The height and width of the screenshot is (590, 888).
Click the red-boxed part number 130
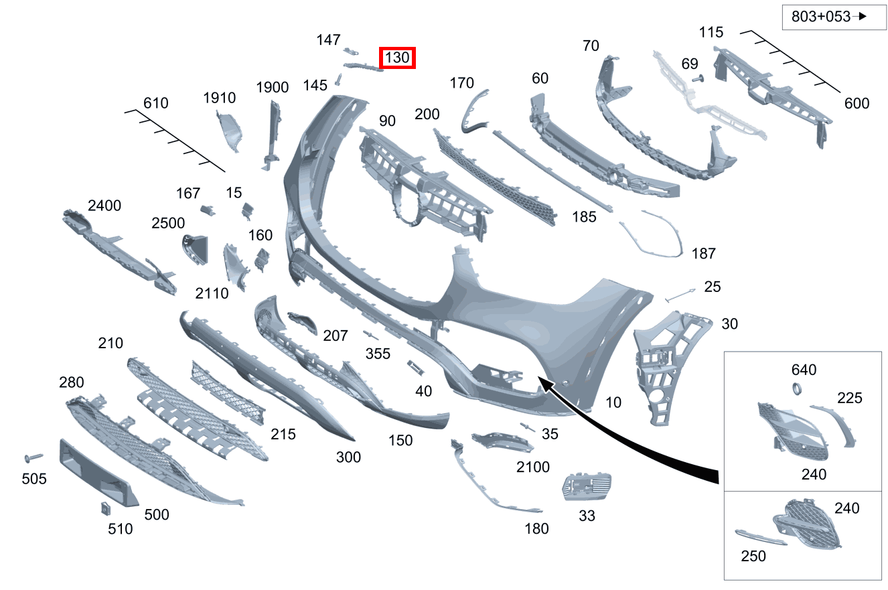(x=397, y=58)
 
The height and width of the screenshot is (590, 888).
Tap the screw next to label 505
(x=33, y=457)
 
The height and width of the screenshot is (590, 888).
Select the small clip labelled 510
(x=105, y=508)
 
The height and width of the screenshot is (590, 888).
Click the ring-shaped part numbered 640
(x=797, y=388)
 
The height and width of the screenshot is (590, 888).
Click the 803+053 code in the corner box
(x=821, y=17)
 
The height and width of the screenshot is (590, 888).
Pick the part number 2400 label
(x=104, y=206)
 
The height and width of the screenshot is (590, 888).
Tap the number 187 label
(x=703, y=253)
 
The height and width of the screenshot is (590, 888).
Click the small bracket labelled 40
(x=415, y=368)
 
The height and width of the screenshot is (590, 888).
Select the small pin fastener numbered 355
(x=370, y=336)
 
